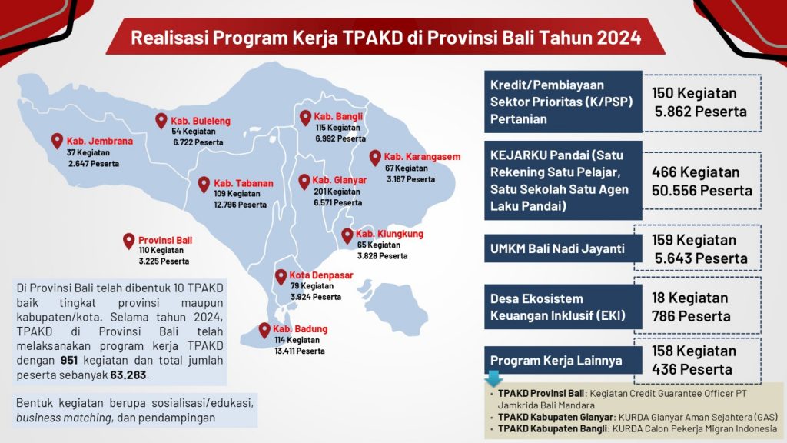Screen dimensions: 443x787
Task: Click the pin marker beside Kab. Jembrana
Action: pos(57,141)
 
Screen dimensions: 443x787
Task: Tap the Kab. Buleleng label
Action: pos(201,121)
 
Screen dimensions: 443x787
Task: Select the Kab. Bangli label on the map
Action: pos(338,117)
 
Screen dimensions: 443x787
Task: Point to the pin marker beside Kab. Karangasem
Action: pos(375,157)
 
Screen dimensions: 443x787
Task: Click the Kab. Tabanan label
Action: pos(243,183)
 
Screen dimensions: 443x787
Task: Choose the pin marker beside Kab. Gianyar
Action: pos(304,181)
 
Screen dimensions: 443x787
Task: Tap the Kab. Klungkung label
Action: pos(390,234)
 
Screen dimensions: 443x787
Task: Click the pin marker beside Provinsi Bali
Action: pos(129,241)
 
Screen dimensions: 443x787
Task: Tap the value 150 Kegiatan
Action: pos(694,93)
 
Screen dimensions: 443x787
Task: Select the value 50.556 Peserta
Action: pos(702,190)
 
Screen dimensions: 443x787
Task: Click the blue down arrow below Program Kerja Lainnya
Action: pos(493,378)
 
